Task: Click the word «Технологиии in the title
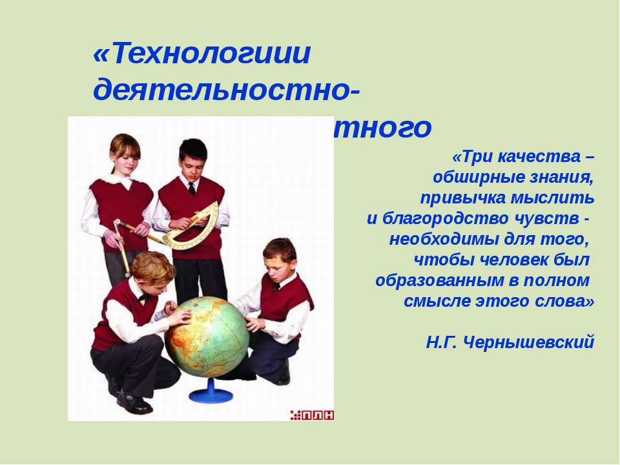pyautogui.click(x=202, y=54)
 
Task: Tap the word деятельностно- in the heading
pyautogui.click(x=228, y=90)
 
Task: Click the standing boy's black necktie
pyautogui.click(x=192, y=189)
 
